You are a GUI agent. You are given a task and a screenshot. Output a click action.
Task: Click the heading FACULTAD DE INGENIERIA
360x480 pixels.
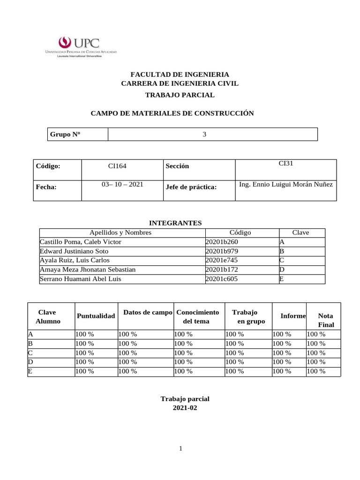pos(180,75)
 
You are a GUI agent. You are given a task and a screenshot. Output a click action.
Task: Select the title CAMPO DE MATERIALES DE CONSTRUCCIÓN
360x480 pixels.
pos(172,113)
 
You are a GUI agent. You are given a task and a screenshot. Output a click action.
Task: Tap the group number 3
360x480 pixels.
pos(204,135)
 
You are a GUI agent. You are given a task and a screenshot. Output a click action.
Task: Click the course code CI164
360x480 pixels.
pos(117,166)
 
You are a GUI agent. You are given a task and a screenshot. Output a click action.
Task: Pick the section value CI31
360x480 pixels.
pos(286,164)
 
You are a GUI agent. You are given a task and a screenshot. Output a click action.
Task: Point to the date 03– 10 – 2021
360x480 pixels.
pos(122,185)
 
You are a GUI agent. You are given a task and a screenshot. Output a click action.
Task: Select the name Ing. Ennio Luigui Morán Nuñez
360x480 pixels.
pos(286,184)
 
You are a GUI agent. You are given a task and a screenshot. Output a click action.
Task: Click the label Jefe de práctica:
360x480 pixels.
pos(191,187)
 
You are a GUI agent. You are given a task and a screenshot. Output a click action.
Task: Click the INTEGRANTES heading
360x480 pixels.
pos(175,223)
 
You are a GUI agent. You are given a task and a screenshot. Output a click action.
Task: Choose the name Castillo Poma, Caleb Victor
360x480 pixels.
pos(81,242)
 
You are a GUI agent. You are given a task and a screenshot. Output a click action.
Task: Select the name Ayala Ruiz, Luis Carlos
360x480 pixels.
pos(75,260)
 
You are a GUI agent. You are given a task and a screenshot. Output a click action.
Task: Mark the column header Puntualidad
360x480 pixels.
pos(96,316)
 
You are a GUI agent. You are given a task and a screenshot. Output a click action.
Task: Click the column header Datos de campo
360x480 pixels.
pos(145,312)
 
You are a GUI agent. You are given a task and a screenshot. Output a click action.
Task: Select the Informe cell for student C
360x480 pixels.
pos(282,353)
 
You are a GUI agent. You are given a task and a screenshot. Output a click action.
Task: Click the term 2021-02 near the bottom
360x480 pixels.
pos(185,408)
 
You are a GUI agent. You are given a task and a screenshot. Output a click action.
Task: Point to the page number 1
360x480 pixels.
pos(180,449)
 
